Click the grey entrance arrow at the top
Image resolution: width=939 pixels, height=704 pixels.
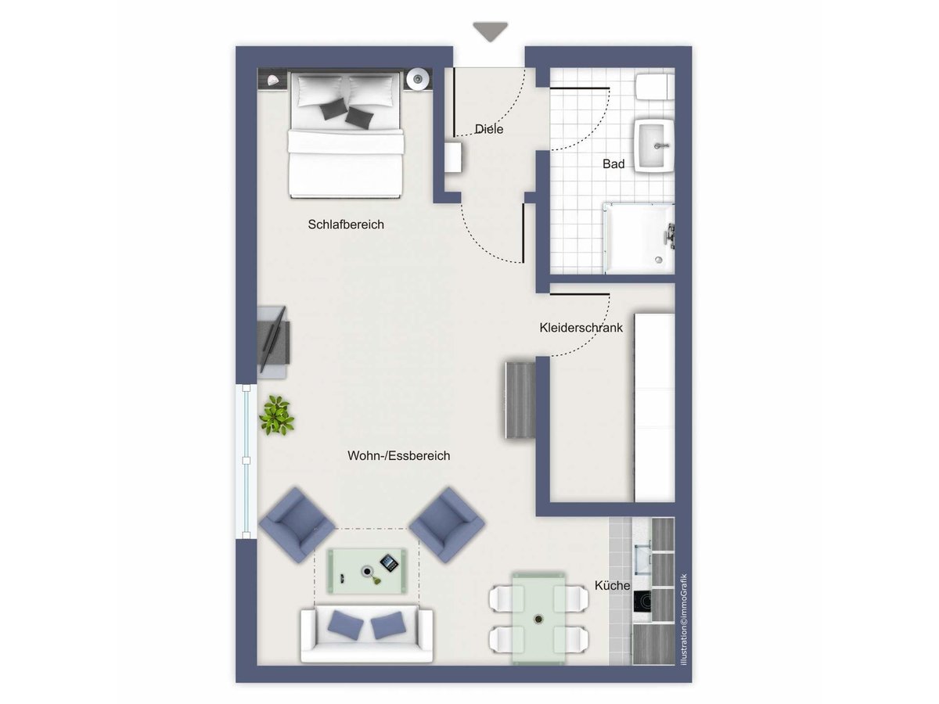point(490,31)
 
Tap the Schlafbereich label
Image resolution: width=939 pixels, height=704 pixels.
point(346,224)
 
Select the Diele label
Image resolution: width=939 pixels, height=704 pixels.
point(488,128)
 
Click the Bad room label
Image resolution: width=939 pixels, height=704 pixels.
point(613,163)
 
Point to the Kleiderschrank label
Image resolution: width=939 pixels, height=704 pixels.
point(581,328)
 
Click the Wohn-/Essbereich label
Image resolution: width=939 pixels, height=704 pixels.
point(399,456)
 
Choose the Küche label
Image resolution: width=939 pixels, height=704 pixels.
point(612,585)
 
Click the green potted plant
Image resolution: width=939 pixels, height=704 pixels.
point(277,415)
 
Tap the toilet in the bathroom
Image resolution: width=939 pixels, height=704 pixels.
point(654,87)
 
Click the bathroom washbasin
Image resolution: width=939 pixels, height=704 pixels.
point(654,145)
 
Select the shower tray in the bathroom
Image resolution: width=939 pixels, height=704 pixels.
point(639,239)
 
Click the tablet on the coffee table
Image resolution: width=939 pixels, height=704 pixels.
point(389,562)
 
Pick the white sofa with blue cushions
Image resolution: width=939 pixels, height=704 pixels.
point(367,634)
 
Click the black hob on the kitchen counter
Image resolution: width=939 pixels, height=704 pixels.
point(642,602)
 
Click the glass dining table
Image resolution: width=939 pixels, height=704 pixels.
point(538,618)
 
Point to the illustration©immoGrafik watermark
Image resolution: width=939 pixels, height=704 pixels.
point(683,620)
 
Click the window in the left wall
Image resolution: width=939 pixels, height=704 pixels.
point(246,462)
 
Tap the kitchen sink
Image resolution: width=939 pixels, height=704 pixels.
point(642,560)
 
